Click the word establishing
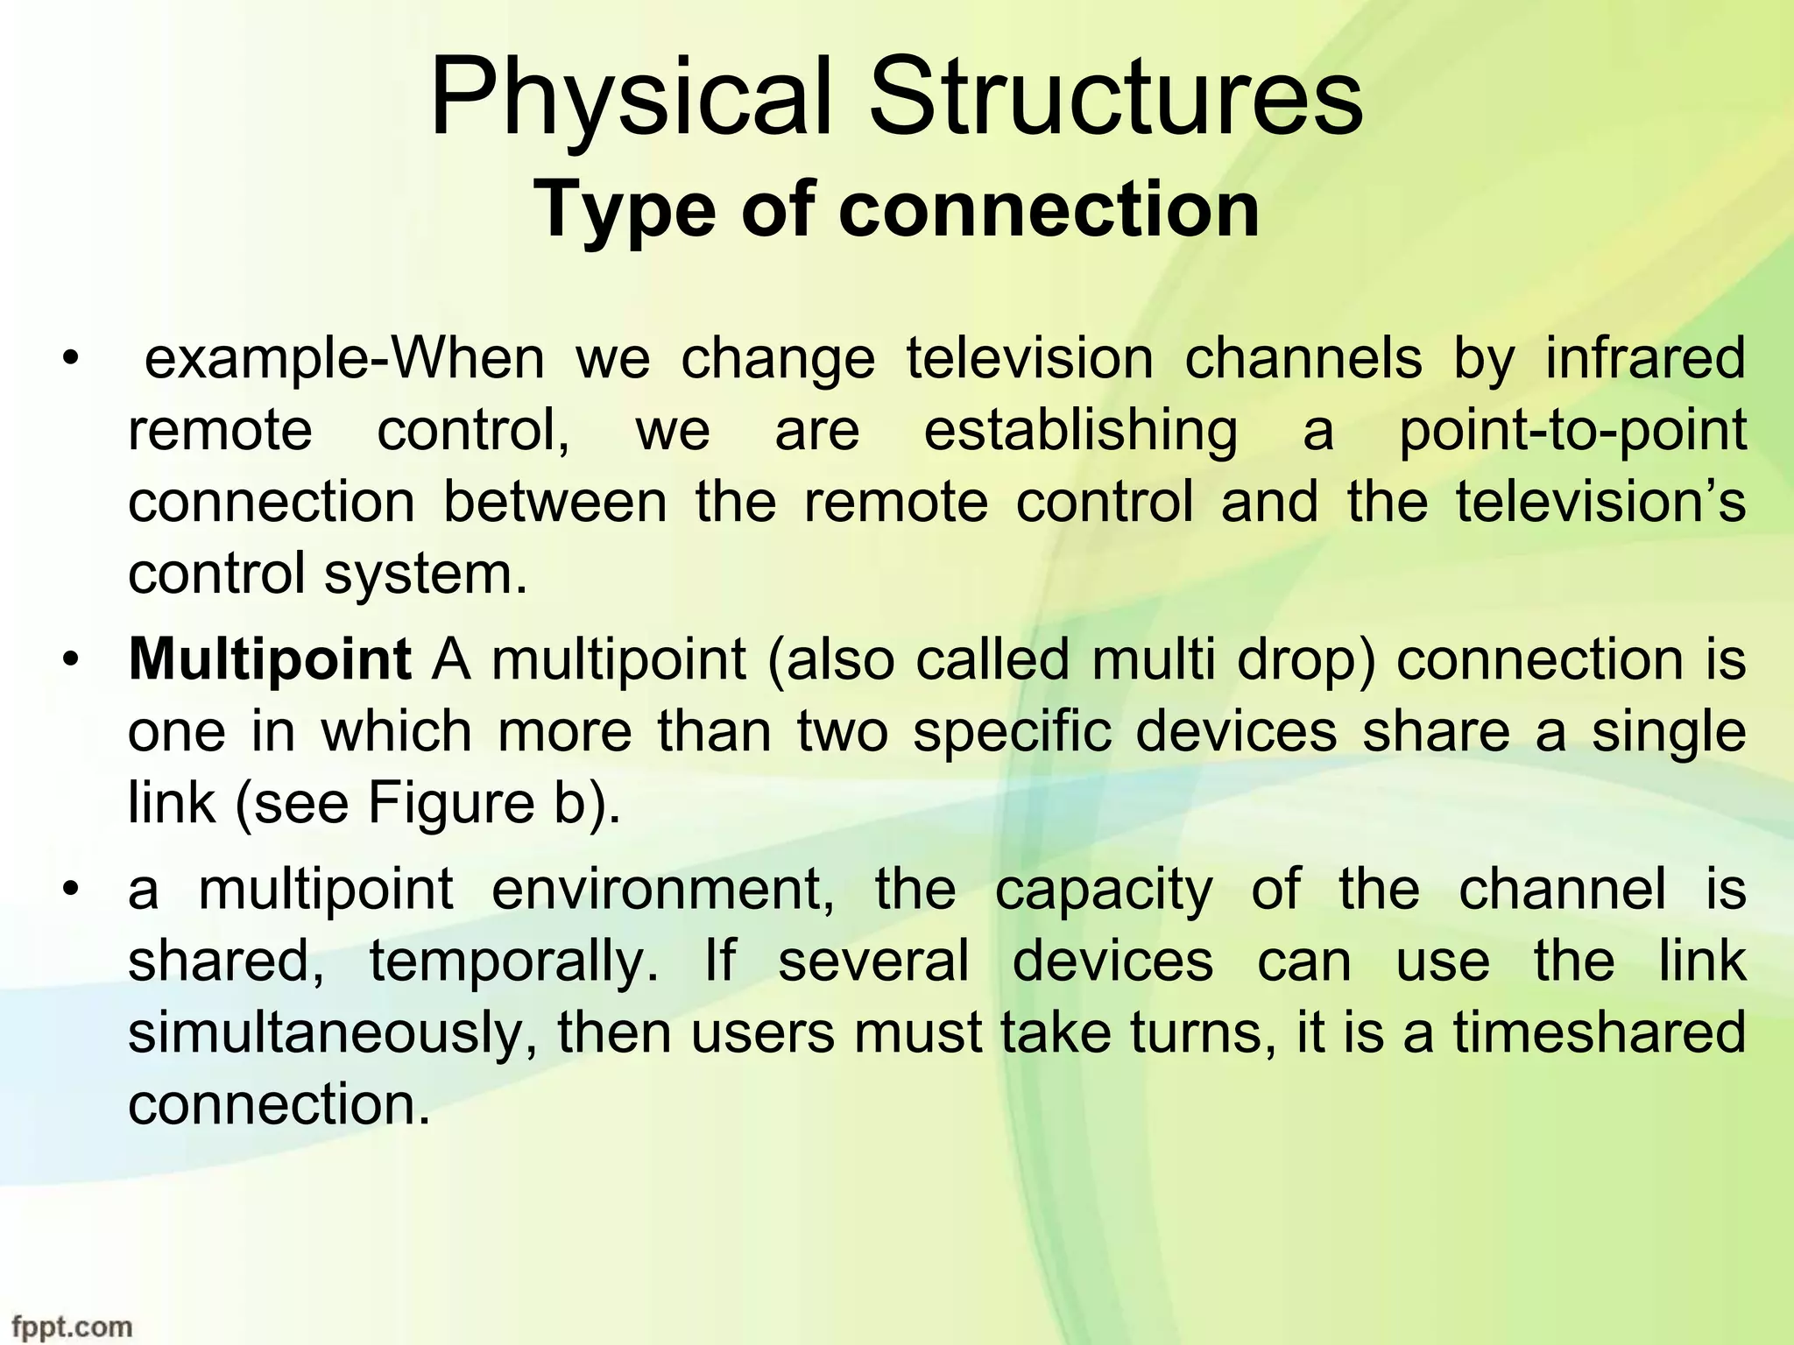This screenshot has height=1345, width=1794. [x=1081, y=431]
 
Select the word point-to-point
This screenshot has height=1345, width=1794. [x=1572, y=431]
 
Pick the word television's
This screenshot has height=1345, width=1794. [x=1600, y=503]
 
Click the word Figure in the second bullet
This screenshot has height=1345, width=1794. [x=450, y=803]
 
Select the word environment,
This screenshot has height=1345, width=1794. [x=662, y=890]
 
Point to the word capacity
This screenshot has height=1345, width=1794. [x=1104, y=890]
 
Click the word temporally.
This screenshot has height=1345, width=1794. [x=513, y=961]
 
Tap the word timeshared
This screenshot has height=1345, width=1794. [x=1600, y=1033]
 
